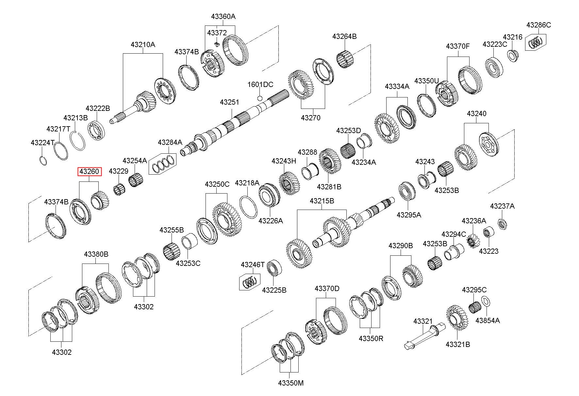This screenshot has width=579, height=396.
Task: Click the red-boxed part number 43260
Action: tap(89, 171)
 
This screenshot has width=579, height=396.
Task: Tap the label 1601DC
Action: tap(260, 85)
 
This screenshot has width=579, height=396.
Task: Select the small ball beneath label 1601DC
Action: tap(260, 98)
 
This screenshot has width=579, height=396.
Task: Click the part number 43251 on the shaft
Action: tap(229, 102)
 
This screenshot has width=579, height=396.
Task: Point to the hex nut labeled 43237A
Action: tap(502, 224)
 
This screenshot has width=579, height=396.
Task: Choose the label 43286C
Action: tap(538, 25)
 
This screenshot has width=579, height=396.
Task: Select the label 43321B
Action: tap(458, 344)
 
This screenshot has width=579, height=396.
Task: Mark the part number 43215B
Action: tap(322, 201)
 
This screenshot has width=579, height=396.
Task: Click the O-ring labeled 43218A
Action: tap(249, 207)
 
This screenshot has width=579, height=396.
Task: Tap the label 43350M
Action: tap(290, 383)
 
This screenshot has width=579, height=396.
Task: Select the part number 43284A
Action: tap(170, 142)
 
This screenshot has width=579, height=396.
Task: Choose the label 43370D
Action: tap(327, 288)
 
